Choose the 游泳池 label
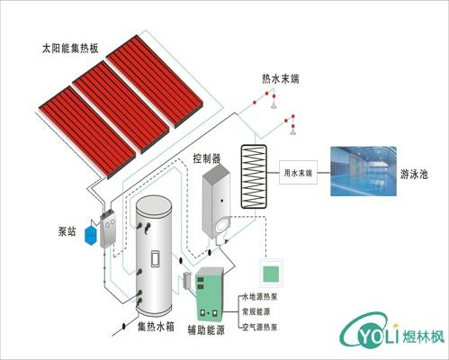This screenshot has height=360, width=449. click(x=417, y=175)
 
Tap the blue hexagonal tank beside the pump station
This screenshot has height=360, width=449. click(x=89, y=233)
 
